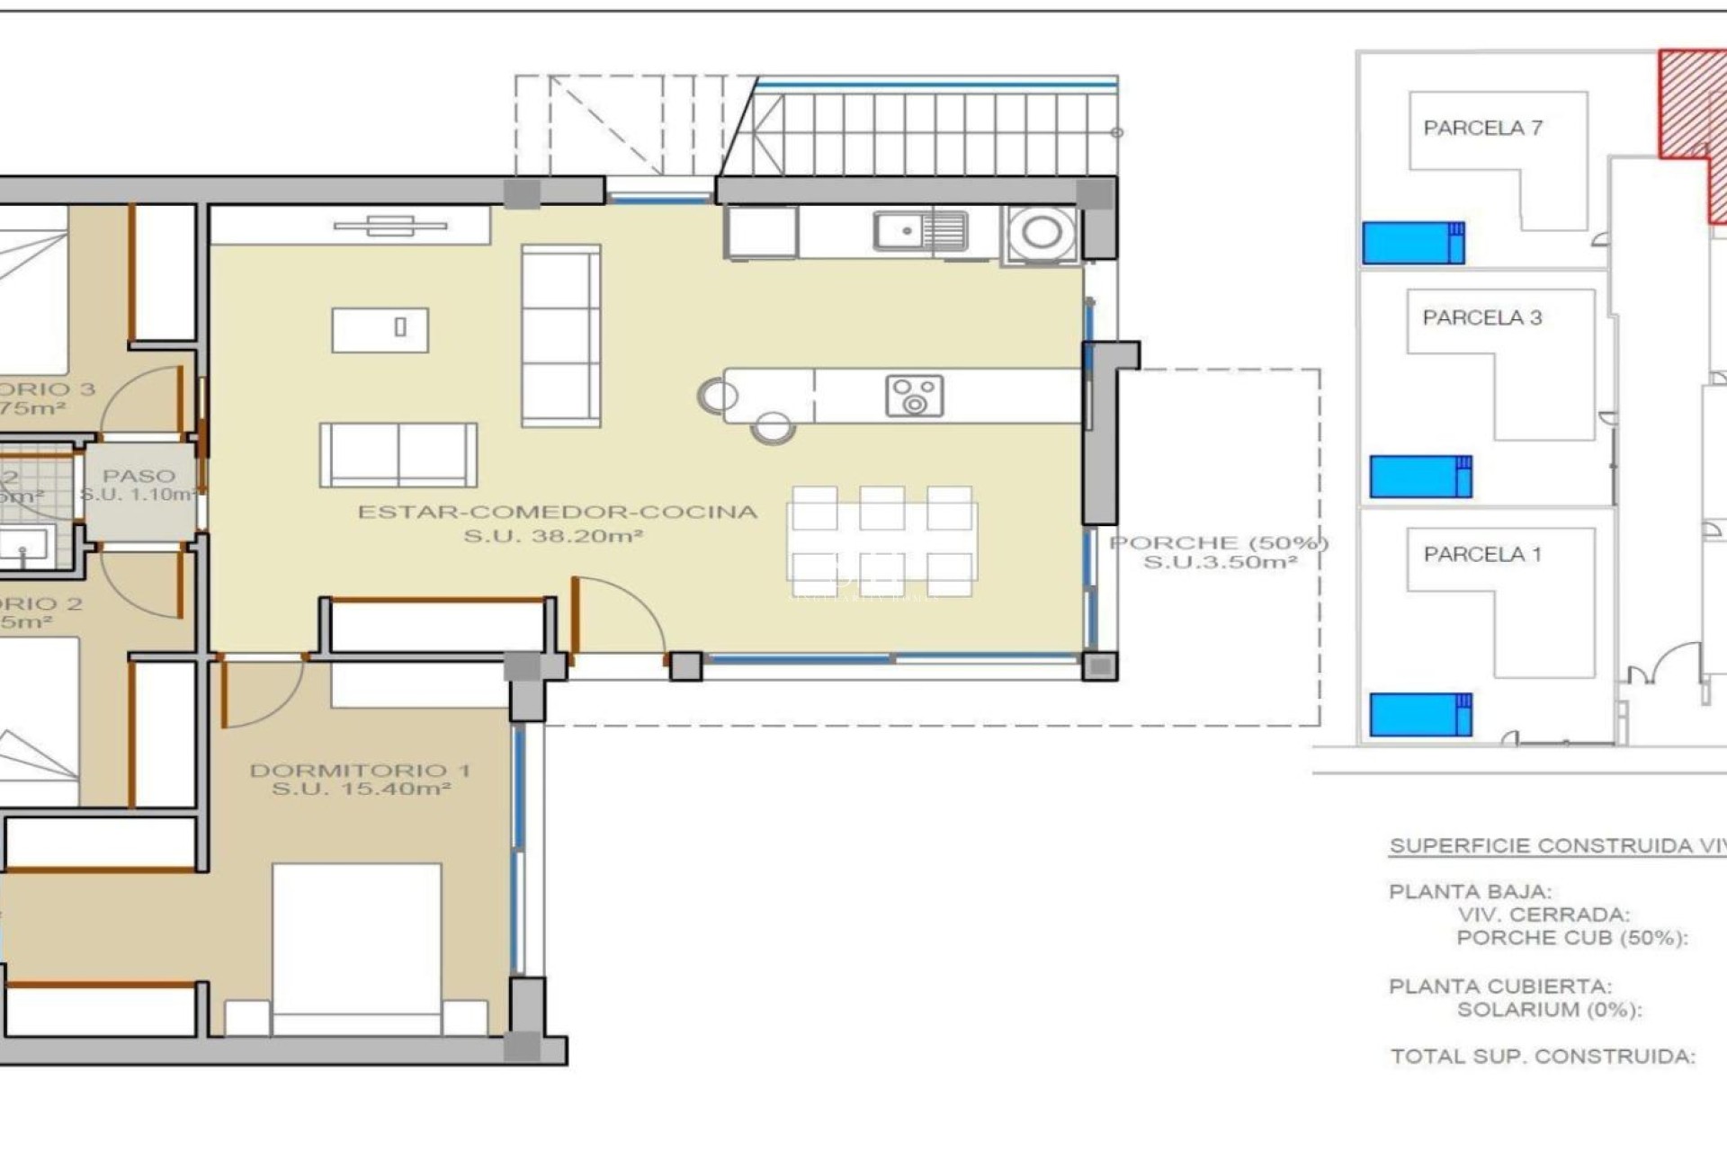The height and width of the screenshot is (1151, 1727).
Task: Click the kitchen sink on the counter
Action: [920, 231]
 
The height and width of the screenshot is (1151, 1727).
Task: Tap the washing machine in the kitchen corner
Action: [1042, 233]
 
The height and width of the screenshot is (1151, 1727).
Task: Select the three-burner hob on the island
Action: [914, 396]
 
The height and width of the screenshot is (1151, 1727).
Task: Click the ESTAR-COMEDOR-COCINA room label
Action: [557, 513]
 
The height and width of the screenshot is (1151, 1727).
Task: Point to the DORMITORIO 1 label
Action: [360, 771]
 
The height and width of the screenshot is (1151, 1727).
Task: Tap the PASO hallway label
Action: [139, 476]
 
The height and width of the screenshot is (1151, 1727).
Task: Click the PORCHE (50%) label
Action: [1219, 543]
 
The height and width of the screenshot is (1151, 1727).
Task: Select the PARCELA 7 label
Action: [1482, 129]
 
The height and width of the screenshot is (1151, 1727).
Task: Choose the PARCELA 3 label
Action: [1481, 317]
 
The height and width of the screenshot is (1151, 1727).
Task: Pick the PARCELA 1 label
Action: [1481, 555]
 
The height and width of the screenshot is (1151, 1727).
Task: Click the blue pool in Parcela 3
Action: [1420, 477]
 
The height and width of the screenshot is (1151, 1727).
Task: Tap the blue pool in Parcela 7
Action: [1413, 243]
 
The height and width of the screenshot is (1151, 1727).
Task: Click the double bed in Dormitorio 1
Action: [356, 944]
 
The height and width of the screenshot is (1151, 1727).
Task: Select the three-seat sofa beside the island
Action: [560, 335]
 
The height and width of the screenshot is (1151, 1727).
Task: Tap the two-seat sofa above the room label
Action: [398, 455]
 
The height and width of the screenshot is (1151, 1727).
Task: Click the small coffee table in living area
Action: [380, 329]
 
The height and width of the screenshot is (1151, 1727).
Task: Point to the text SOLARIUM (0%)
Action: [1549, 1010]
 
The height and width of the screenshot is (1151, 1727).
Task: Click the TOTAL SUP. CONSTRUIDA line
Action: [1542, 1057]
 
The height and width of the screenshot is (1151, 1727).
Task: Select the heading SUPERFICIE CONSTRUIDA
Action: [1556, 846]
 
